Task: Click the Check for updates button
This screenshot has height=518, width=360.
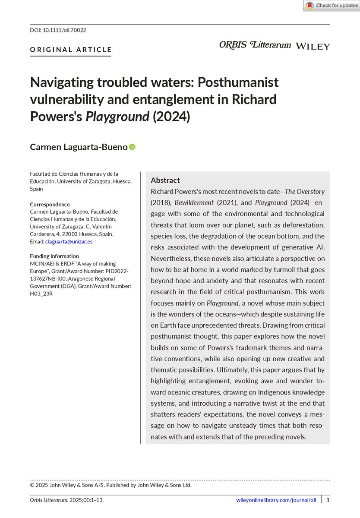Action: (x=332, y=6)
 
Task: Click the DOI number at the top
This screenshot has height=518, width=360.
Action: (x=64, y=30)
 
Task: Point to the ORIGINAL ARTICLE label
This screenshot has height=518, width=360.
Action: (x=71, y=50)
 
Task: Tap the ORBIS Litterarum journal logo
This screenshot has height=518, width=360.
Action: (x=255, y=45)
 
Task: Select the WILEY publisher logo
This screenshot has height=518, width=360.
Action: (x=313, y=46)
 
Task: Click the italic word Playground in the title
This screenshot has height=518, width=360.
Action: (x=117, y=117)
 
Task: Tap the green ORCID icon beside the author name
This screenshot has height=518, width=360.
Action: (x=133, y=147)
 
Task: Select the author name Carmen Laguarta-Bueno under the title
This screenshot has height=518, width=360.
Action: (x=79, y=147)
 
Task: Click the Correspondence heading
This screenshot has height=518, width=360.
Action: (x=50, y=204)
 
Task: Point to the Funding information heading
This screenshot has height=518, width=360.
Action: (x=54, y=256)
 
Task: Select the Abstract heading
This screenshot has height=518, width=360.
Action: (x=165, y=180)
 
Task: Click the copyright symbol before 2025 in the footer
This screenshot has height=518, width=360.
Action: (x=32, y=485)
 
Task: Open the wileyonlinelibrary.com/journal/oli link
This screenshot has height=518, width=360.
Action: (x=276, y=500)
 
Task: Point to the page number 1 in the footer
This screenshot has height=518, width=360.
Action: (x=328, y=500)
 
